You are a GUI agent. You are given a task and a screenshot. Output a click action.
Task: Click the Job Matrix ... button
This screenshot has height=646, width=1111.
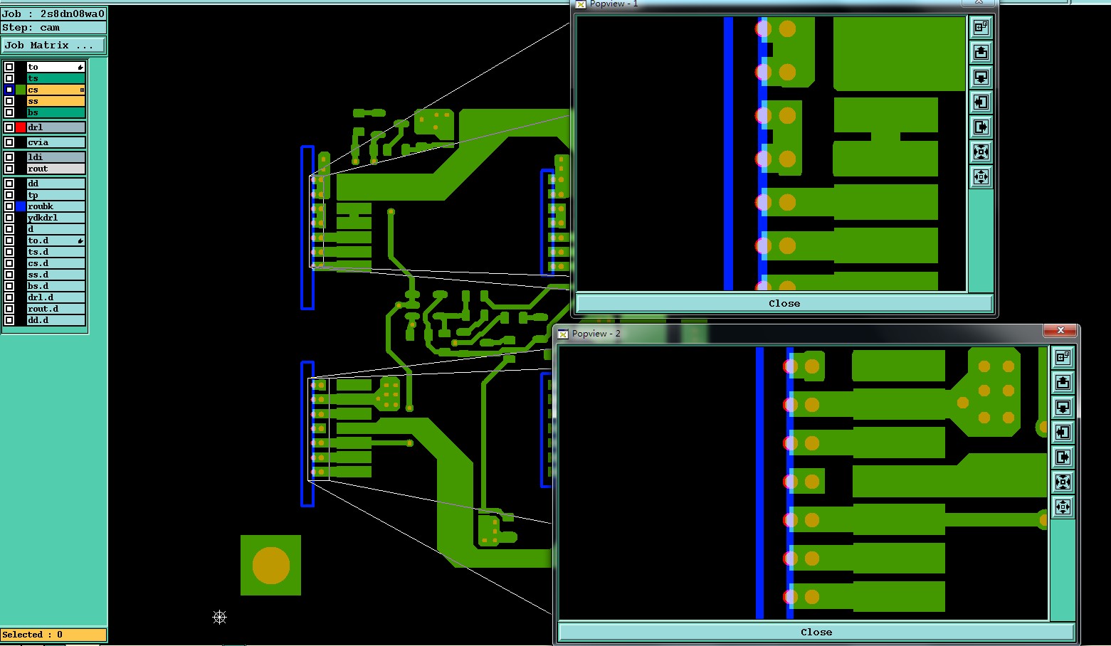pyautogui.click(x=53, y=45)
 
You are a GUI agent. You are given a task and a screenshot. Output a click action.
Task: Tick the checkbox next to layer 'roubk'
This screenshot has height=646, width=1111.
pyautogui.click(x=9, y=206)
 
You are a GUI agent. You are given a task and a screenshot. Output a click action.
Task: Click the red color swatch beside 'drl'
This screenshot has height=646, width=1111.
pyautogui.click(x=21, y=127)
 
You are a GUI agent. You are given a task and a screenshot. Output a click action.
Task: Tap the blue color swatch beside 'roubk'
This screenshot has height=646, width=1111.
pyautogui.click(x=21, y=206)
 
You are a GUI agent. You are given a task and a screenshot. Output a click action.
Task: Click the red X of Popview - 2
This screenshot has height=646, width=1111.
pyautogui.click(x=1060, y=330)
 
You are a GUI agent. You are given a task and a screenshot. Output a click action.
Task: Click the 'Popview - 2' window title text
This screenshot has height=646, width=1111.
pyautogui.click(x=596, y=333)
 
